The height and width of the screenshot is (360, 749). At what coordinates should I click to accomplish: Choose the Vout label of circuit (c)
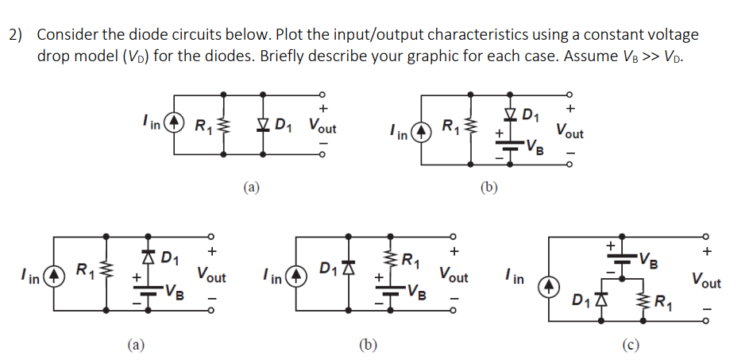(706, 281)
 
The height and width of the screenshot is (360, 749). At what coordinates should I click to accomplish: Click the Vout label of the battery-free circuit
(322, 126)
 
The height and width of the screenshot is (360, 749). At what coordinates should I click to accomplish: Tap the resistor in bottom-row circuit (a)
(106, 275)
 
